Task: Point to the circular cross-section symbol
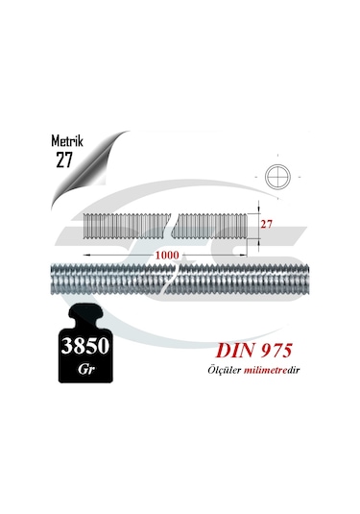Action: click(277, 179)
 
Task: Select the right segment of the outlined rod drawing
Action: click(220, 226)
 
